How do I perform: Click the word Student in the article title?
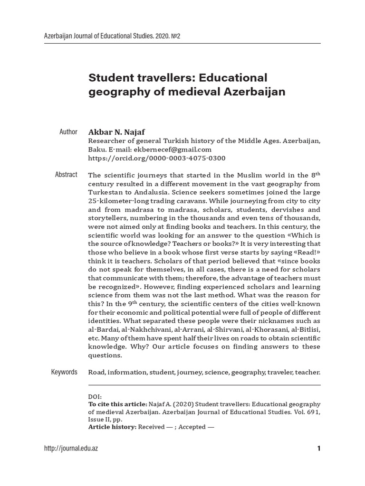click(x=108, y=77)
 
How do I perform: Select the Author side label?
click(x=68, y=131)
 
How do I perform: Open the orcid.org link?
click(x=157, y=158)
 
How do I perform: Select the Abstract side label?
click(x=66, y=175)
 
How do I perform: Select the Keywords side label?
click(x=64, y=372)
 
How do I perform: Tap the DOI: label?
click(x=95, y=397)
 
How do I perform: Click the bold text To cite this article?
click(x=118, y=404)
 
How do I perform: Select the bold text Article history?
click(x=112, y=427)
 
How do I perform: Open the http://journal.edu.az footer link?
click(x=71, y=449)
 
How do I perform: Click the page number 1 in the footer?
click(x=318, y=449)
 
